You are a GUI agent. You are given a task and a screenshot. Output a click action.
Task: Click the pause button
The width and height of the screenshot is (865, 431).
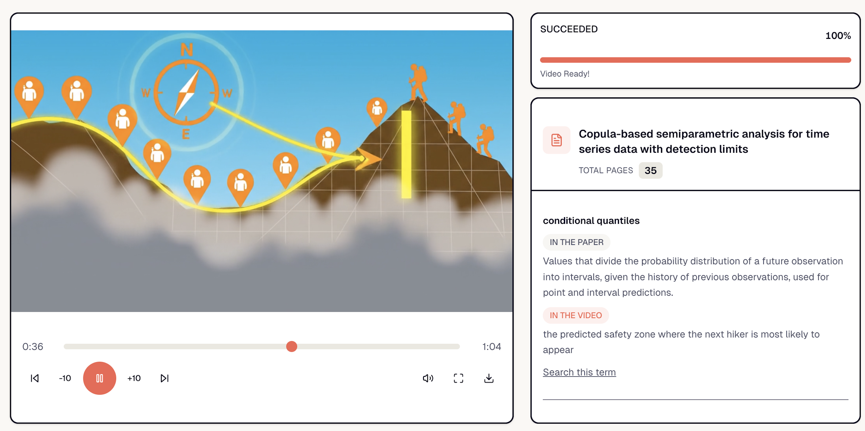(x=99, y=378)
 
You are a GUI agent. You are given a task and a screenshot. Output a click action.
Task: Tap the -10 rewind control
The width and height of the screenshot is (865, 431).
(x=65, y=378)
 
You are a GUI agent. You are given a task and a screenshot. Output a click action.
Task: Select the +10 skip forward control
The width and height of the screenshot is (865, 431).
(x=134, y=378)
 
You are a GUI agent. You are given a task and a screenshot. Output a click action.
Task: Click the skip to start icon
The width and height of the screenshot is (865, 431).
(x=35, y=378)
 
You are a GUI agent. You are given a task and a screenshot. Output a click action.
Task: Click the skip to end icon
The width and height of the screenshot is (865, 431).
(x=164, y=378)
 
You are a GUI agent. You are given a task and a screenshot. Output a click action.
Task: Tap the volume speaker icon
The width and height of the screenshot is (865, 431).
(x=428, y=378)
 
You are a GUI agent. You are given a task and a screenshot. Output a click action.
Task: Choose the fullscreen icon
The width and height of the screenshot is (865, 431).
(x=458, y=378)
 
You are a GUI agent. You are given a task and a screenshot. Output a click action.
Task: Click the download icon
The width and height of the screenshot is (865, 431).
(x=489, y=378)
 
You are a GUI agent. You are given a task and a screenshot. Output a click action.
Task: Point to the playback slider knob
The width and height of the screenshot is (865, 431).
(x=292, y=347)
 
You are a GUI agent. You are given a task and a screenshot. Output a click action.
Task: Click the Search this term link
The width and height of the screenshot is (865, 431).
(x=579, y=372)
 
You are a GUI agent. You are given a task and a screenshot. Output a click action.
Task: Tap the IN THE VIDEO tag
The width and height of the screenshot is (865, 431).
(x=576, y=315)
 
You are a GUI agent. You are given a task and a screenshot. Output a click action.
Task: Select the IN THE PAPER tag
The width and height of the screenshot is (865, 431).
(x=576, y=242)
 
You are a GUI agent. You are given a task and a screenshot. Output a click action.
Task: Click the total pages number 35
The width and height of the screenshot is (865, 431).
(x=650, y=171)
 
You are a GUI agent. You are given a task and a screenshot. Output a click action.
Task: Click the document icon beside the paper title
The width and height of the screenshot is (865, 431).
(x=557, y=140)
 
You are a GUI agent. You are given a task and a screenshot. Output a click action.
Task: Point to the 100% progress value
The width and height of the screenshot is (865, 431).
(x=838, y=36)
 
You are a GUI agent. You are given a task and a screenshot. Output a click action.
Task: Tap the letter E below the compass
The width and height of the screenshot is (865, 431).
(x=186, y=134)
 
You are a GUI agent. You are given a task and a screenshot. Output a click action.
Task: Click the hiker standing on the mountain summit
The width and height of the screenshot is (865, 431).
(x=418, y=82)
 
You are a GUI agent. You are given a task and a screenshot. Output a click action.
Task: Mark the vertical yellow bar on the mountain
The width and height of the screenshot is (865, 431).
(x=406, y=154)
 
